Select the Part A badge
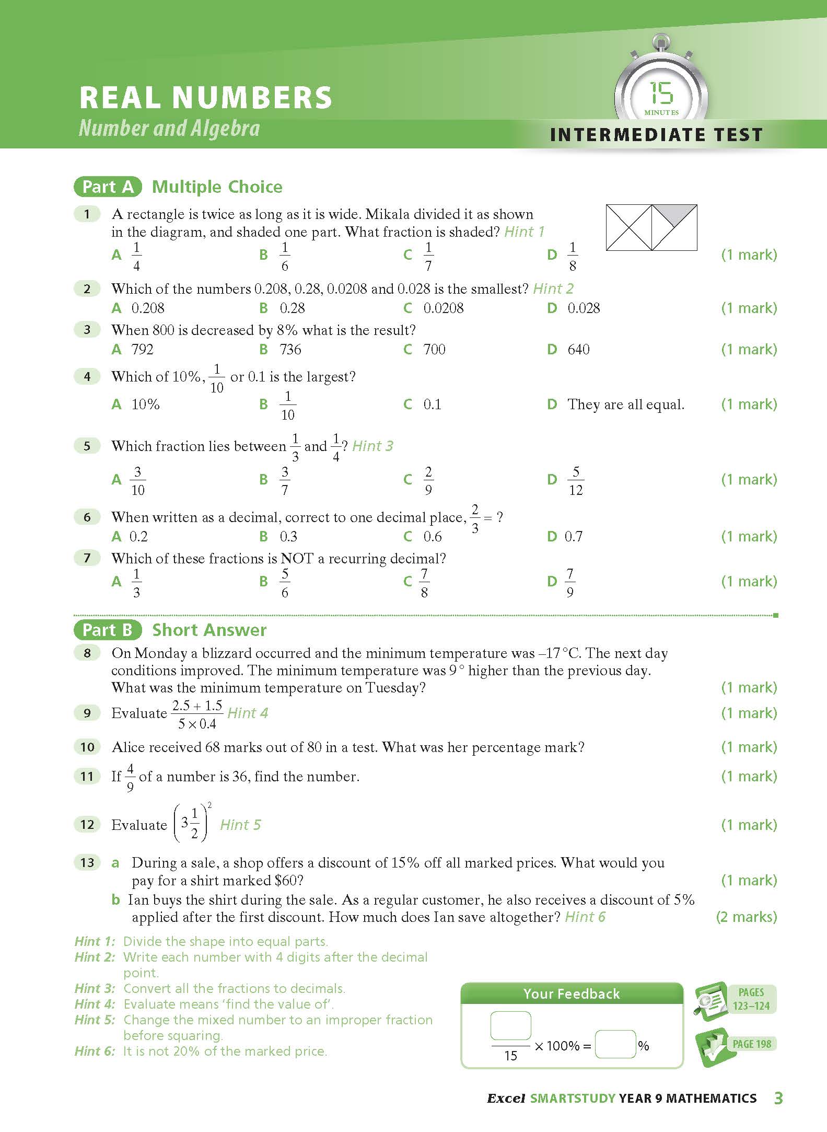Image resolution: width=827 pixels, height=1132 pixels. pyautogui.click(x=108, y=187)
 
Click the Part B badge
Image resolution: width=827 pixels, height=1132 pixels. pyautogui.click(x=108, y=630)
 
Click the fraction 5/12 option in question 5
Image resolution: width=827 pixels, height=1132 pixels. pyautogui.click(x=575, y=480)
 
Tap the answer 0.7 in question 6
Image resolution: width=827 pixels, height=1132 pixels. pyautogui.click(x=573, y=536)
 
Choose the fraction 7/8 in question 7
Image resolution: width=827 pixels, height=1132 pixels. pyautogui.click(x=424, y=582)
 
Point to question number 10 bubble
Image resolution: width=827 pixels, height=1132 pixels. pyautogui.click(x=87, y=747)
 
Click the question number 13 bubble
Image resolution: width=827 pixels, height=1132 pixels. pyautogui.click(x=87, y=862)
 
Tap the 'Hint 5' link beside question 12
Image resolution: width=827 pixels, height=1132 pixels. pyautogui.click(x=240, y=825)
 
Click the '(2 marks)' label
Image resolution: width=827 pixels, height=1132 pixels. pyautogui.click(x=746, y=917)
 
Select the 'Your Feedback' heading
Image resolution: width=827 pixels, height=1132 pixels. pyautogui.click(x=572, y=994)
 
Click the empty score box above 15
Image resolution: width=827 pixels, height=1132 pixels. pyautogui.click(x=510, y=1025)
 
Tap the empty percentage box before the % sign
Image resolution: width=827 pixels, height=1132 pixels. pyautogui.click(x=615, y=1044)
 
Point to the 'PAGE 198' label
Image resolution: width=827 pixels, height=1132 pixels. pyautogui.click(x=751, y=1044)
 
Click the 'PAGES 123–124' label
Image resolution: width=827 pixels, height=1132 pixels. pyautogui.click(x=751, y=999)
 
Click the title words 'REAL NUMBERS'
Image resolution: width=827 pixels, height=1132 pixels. pyautogui.click(x=206, y=97)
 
